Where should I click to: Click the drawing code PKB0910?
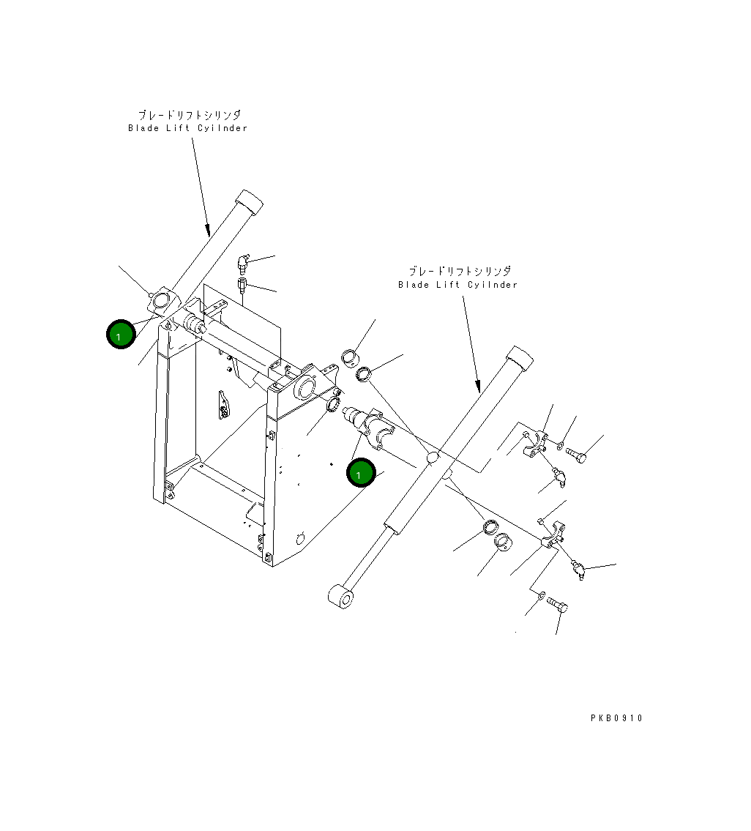616,718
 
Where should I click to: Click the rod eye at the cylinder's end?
340,596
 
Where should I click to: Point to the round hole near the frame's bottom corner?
299,540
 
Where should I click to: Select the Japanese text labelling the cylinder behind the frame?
190,115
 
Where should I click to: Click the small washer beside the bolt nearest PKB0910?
540,597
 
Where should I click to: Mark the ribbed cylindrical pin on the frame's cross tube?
195,323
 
